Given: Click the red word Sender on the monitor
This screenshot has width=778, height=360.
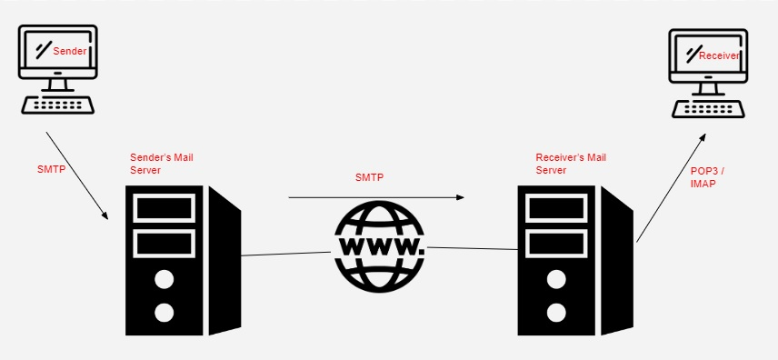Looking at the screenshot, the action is [70, 51].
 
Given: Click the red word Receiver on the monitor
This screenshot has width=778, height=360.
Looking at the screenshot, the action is [719, 56].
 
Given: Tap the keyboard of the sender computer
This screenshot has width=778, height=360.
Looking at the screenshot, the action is [58, 105].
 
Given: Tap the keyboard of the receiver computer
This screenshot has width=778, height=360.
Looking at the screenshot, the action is [708, 109].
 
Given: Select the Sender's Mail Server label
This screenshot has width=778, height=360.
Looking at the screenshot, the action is [162, 164].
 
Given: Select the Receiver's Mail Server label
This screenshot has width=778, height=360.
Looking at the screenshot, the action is [571, 164].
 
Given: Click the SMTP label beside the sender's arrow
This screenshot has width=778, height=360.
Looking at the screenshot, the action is [51, 169].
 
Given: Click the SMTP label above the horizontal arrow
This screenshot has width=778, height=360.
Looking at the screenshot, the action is [369, 177].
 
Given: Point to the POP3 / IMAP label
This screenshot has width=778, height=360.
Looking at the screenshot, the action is [707, 177].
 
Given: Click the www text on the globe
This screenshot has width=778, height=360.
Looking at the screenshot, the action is [380, 246].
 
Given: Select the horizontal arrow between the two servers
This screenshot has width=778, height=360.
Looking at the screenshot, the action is [376, 197].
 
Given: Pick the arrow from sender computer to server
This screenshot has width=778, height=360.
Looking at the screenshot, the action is [77, 175].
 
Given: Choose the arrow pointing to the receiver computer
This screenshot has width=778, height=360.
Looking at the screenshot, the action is [671, 187].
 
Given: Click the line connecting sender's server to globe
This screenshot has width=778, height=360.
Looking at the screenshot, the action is [285, 254].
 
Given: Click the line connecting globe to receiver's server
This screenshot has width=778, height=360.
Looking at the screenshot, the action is [472, 248].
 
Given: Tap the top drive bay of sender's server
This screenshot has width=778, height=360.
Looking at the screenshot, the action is [165, 207].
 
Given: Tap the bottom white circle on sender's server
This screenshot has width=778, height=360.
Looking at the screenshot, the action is [164, 313].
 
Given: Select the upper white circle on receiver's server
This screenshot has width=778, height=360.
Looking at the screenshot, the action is [556, 280].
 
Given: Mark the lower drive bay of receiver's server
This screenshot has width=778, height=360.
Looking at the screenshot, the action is [556, 244].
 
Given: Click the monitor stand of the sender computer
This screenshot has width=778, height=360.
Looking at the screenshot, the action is [58, 85].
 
